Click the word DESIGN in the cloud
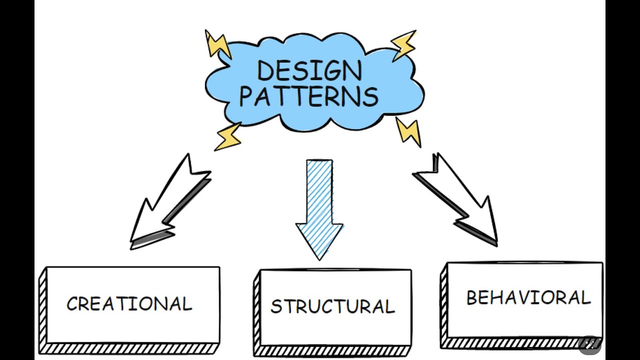click(309, 71)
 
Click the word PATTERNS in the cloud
click(308, 96)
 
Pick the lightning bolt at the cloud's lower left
click(228, 136)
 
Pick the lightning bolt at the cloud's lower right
click(408, 131)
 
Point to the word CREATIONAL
click(129, 304)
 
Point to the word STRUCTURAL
click(332, 306)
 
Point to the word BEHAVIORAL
click(528, 298)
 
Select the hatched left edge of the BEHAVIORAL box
click(443, 305)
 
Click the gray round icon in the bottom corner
click(590, 344)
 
